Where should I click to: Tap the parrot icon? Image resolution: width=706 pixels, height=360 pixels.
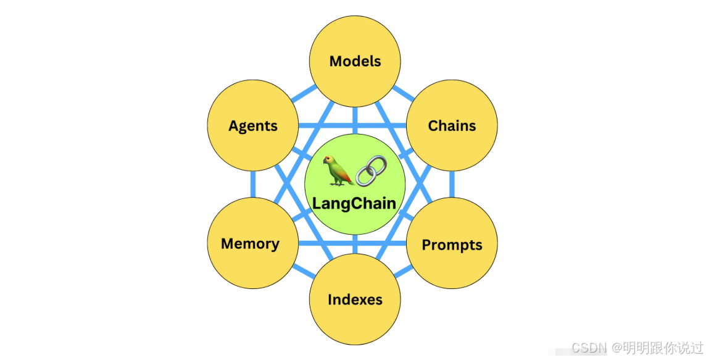point(339,170)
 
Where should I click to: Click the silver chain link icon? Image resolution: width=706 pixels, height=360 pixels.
point(372,170)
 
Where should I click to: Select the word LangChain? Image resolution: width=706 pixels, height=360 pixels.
point(354,203)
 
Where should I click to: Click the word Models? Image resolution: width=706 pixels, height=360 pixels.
point(355,61)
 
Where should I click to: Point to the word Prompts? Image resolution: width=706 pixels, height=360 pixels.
point(452,245)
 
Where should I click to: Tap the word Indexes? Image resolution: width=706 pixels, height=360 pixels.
point(355,300)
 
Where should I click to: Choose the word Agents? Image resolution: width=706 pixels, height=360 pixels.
point(253,126)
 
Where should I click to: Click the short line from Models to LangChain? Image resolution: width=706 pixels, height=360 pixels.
point(355,120)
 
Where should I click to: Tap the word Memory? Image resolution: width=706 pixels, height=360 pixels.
point(250,244)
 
